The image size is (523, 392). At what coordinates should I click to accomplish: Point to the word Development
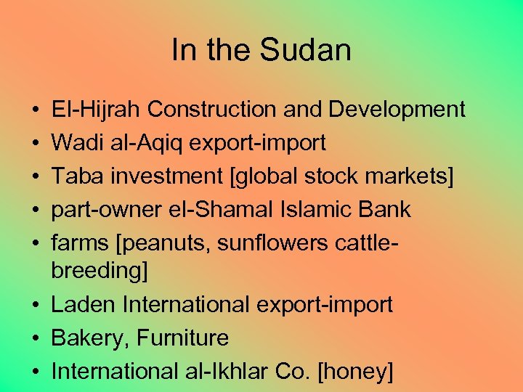point(397,110)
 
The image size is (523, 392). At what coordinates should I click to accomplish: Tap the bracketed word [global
point(258,176)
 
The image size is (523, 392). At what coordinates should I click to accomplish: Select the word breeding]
point(99,271)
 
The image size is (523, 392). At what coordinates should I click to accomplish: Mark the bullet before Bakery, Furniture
point(36,338)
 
